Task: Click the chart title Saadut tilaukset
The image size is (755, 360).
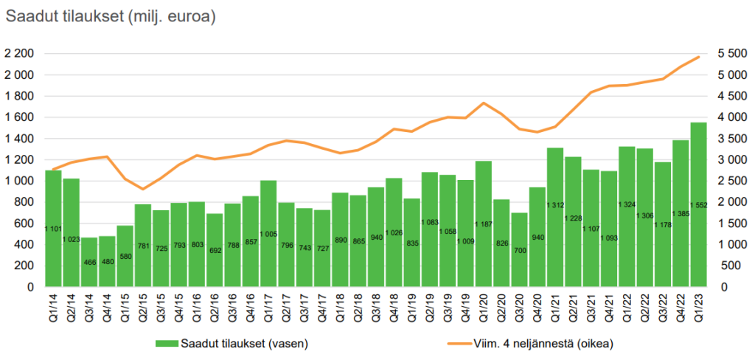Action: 111,17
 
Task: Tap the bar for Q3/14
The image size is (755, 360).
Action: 88,262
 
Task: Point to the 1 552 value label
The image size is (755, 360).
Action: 698,204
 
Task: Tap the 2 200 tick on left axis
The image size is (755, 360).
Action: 20,54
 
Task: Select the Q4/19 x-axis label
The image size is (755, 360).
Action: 465,306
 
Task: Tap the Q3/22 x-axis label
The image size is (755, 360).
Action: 663,306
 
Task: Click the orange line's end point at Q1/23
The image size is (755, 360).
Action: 698,57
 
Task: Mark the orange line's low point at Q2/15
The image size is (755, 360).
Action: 142,190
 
